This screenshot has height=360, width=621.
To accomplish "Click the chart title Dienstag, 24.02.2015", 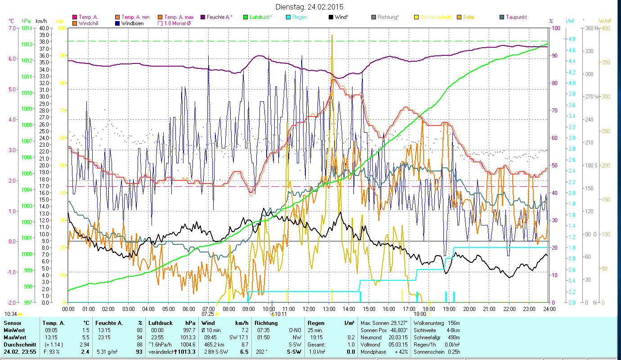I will click(x=310, y=7).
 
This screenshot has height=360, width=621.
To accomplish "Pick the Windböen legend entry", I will click(x=133, y=23).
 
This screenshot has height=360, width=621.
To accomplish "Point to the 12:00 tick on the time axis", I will click(x=309, y=309).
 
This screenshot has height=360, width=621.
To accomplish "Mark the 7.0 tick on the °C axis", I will click(x=11, y=28).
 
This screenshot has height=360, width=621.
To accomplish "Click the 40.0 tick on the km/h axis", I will click(x=45, y=28).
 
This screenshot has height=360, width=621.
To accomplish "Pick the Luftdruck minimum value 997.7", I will click(x=190, y=330).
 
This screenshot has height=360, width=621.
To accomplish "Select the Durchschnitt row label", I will click(x=18, y=344).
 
